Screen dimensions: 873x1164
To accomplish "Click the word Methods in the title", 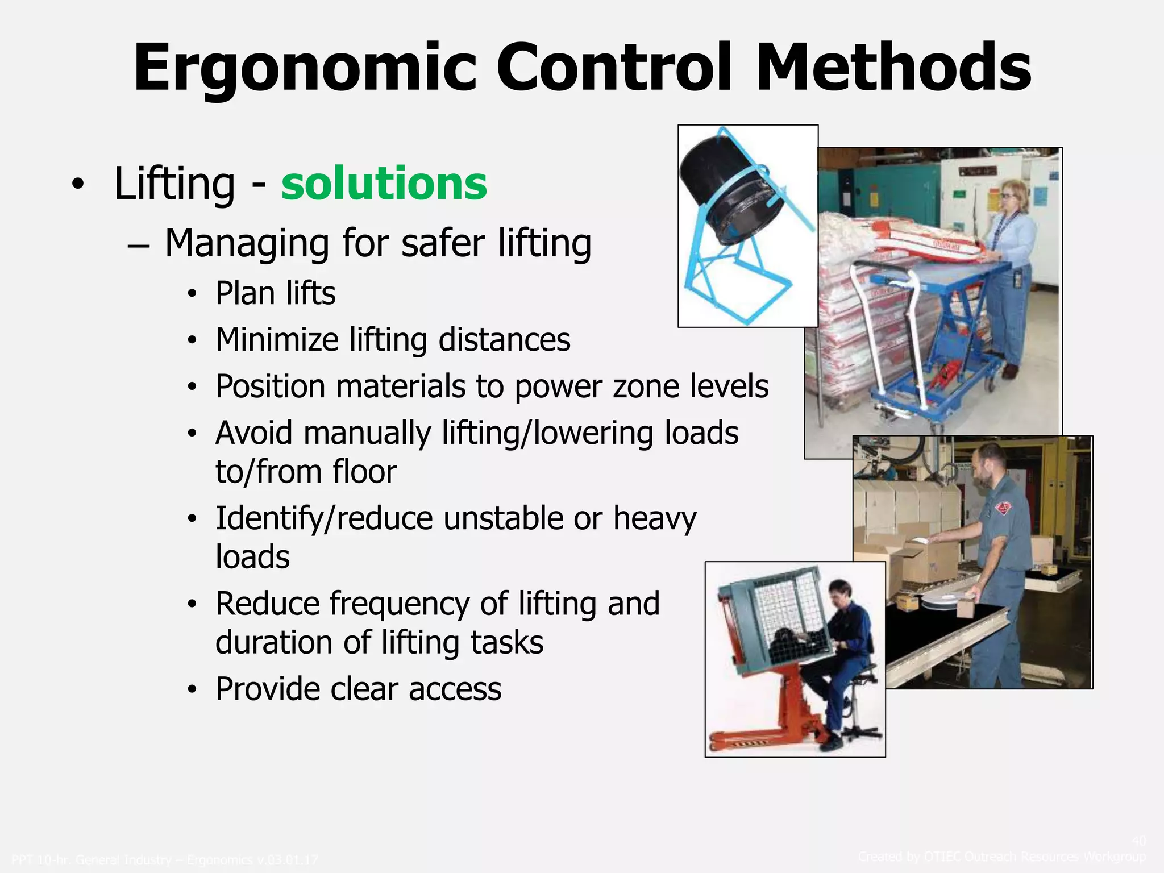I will coord(893,68).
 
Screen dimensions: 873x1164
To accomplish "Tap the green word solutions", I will coord(384,183).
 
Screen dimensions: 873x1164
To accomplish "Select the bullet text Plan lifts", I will coord(276,293).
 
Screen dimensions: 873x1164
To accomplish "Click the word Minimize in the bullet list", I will coord(277,340).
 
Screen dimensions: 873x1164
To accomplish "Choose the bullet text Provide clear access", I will coord(359,689).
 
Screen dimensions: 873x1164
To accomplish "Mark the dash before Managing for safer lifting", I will coord(138,246).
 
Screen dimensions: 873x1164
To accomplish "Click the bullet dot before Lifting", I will coord(78,184).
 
